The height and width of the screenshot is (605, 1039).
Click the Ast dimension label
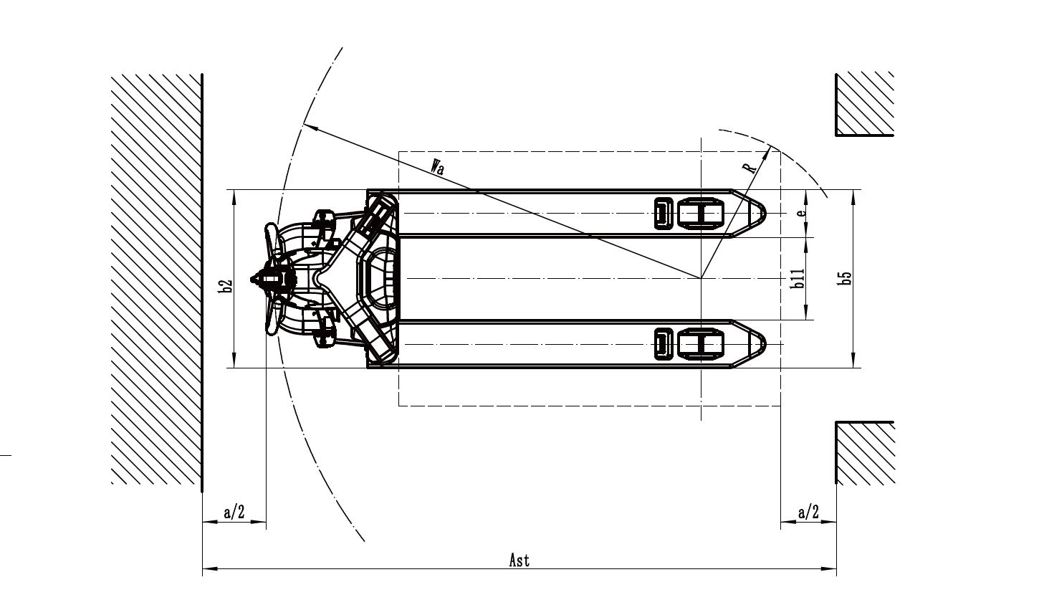point(519,560)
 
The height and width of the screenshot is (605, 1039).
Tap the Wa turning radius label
point(437,168)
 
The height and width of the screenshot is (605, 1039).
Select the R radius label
point(750,168)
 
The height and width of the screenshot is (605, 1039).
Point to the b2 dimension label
point(226,286)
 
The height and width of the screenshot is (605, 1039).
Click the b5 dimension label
point(846,278)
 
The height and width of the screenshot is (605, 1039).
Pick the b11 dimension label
point(798,278)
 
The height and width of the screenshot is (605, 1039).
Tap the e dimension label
point(802,212)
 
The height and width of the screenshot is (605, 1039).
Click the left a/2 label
point(234,512)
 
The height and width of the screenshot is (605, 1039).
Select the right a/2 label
point(808,512)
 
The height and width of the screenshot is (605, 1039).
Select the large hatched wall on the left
point(155,280)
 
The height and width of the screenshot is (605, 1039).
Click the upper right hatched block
point(864,103)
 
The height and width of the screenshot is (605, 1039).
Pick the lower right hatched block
point(864,453)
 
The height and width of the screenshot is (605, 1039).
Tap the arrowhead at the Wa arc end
point(309,127)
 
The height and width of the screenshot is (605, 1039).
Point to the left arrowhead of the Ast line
point(209,570)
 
